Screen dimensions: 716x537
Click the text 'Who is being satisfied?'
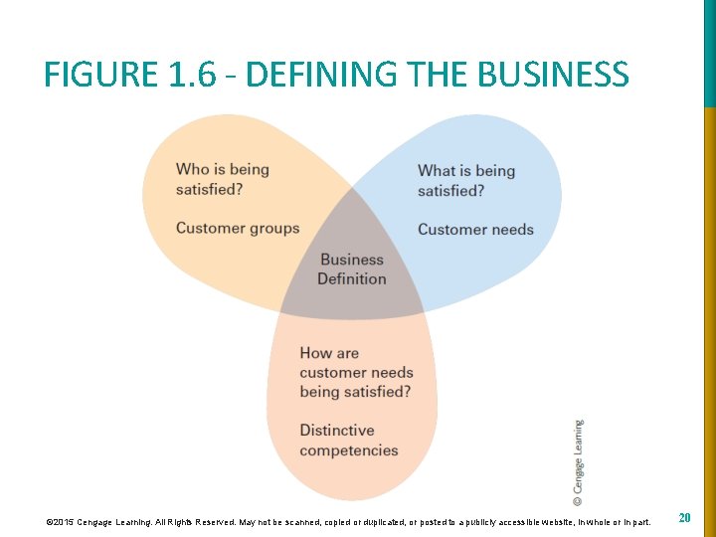[x=222, y=179]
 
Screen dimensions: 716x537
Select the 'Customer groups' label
[x=237, y=228]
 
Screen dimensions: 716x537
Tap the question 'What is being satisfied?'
[x=465, y=180]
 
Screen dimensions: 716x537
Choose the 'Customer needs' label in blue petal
[x=475, y=230]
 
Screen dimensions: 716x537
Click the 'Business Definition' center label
[x=352, y=269]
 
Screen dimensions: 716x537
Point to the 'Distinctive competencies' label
[x=348, y=441]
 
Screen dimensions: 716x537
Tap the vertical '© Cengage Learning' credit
[x=579, y=462]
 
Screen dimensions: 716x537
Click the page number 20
[x=684, y=518]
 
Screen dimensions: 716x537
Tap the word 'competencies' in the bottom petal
[x=348, y=450]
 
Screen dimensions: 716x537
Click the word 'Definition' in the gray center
[x=352, y=279]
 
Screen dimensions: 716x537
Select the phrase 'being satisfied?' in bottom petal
[x=355, y=392]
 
